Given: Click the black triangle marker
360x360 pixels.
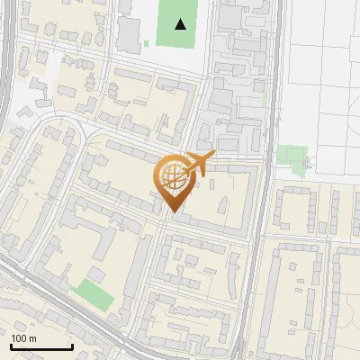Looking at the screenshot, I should pyautogui.click(x=182, y=24).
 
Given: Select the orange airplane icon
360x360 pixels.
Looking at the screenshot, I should pyautogui.click(x=199, y=163).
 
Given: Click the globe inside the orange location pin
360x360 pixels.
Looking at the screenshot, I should pyautogui.click(x=172, y=176).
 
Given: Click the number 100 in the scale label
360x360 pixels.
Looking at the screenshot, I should pyautogui.click(x=19, y=338).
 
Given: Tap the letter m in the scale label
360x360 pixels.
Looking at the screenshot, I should pyautogui.click(x=32, y=338).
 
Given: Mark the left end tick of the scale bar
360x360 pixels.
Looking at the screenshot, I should pyautogui.click(x=11, y=346).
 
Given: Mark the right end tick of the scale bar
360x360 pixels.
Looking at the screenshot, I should pyautogui.click(x=71, y=346).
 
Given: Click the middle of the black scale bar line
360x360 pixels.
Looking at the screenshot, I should pyautogui.click(x=40, y=347).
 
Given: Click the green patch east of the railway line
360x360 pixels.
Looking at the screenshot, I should pyautogui.click(x=292, y=157).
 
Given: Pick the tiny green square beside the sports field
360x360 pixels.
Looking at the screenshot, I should pyautogui.click(x=146, y=42).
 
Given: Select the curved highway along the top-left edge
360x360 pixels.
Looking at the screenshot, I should pyautogui.click(x=7, y=54).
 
